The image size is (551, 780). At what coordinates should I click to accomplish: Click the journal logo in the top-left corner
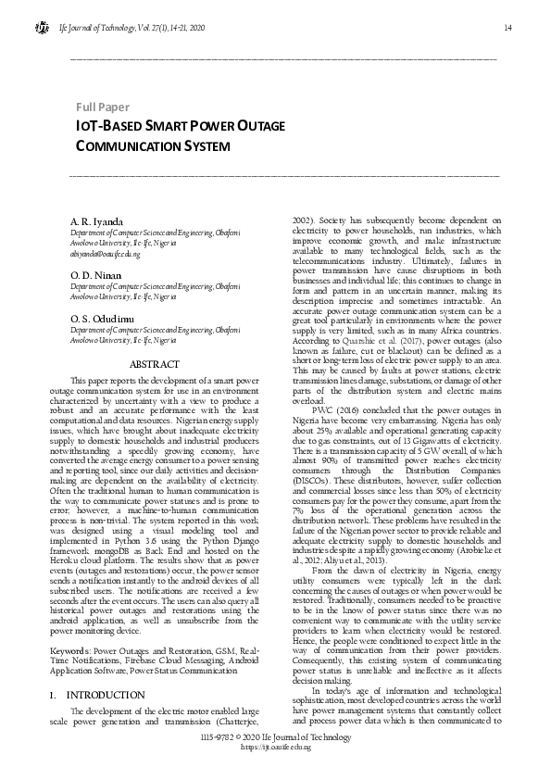point(43,28)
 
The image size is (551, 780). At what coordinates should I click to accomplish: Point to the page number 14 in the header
point(507,28)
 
